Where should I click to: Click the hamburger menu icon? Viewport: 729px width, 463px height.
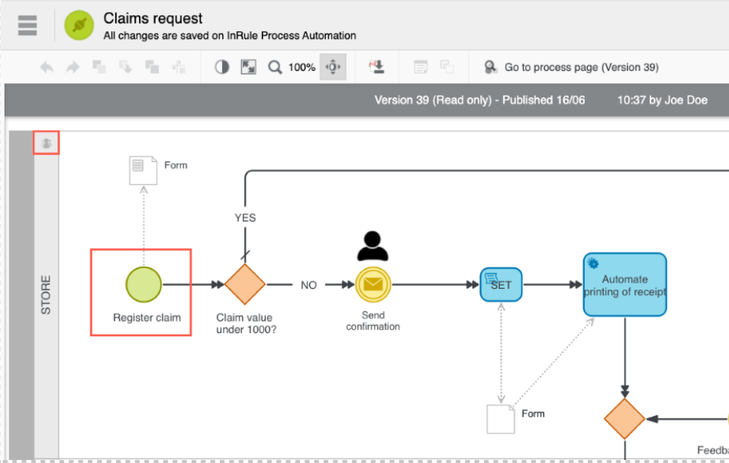[27, 25]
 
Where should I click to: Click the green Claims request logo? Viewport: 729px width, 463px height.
[78, 25]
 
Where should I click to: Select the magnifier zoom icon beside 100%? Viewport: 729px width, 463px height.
[275, 67]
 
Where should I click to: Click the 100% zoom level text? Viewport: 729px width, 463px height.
[302, 67]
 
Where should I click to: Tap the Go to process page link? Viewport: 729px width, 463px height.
[581, 67]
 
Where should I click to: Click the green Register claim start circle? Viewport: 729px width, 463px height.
[144, 284]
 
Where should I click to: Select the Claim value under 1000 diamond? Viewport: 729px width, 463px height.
[244, 284]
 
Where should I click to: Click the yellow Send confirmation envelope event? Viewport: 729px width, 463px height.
[373, 284]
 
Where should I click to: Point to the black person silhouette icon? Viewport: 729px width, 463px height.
[373, 245]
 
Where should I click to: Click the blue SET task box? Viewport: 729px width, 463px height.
[501, 284]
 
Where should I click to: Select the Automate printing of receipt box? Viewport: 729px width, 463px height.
[624, 284]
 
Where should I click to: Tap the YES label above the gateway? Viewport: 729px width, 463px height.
[245, 218]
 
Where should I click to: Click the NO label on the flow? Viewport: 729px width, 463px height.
[308, 285]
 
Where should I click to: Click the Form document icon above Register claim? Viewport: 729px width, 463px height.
[143, 170]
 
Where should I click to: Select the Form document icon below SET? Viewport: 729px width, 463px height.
[501, 418]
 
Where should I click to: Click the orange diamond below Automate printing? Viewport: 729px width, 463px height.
[624, 418]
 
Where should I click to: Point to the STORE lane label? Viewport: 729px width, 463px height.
[46, 295]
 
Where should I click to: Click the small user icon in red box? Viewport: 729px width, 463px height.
[47, 143]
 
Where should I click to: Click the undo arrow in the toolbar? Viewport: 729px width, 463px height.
[47, 67]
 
